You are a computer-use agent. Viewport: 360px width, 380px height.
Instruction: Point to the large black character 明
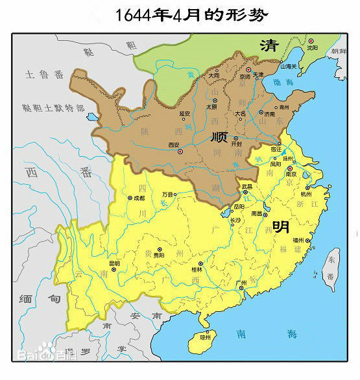[x=281, y=226]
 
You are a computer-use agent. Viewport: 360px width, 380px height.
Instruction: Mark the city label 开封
[x=235, y=145]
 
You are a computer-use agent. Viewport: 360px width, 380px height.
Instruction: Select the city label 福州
[x=298, y=240]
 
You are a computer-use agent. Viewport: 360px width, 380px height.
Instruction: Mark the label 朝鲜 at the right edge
[x=340, y=51]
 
